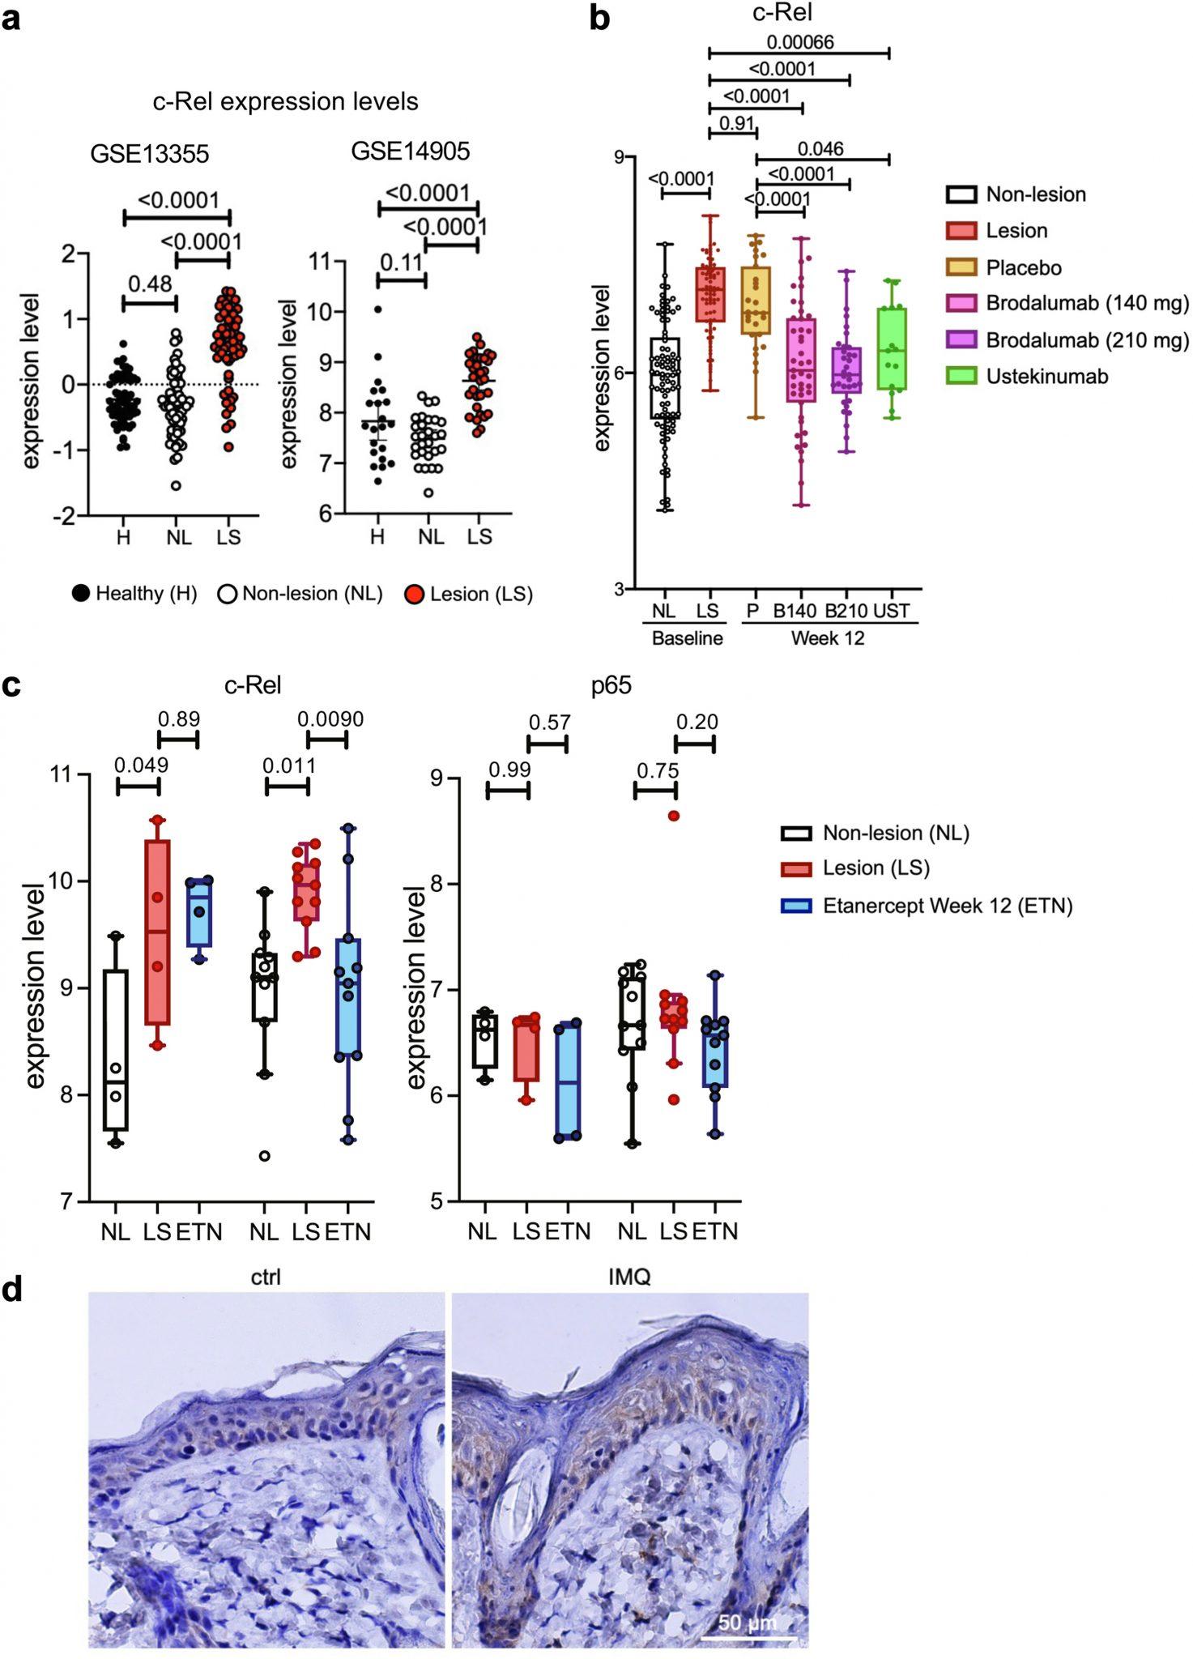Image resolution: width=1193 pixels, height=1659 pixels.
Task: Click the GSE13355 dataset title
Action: tap(150, 154)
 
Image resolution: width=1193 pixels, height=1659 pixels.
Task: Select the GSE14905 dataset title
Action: tap(411, 151)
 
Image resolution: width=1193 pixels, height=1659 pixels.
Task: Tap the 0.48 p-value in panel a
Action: tap(150, 284)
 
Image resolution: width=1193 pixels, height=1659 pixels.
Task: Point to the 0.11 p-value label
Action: tap(401, 262)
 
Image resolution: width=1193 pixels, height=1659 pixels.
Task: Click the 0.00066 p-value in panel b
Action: tap(799, 41)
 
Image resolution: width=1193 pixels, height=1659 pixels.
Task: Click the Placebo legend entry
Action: tap(1023, 267)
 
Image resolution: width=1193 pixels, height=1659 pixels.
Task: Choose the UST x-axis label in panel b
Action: tap(891, 611)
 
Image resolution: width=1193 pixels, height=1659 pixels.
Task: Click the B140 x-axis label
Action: tap(794, 611)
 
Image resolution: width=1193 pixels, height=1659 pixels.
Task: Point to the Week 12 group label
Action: tap(827, 638)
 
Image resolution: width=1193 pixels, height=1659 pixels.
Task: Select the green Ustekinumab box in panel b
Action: tap(892, 348)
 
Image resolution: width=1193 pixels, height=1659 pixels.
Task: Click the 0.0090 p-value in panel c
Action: tap(330, 719)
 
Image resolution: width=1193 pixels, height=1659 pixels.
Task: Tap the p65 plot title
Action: tap(611, 685)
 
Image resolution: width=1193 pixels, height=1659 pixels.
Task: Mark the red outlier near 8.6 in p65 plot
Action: tap(674, 816)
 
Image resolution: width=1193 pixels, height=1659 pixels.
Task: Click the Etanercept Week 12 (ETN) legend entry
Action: tap(947, 905)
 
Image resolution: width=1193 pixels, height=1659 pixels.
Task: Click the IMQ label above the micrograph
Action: tap(629, 1277)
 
